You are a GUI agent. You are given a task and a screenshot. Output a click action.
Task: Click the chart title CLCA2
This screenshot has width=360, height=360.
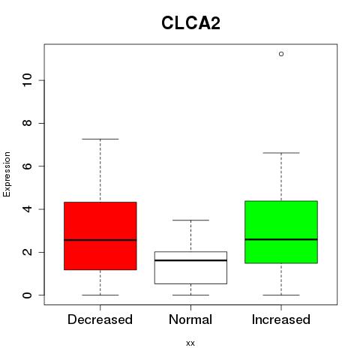click(x=190, y=23)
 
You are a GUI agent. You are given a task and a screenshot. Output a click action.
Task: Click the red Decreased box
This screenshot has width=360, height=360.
click(x=100, y=235)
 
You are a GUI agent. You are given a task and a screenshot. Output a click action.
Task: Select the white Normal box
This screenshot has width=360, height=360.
click(x=190, y=268)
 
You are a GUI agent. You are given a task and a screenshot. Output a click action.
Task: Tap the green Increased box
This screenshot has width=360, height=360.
click(x=281, y=232)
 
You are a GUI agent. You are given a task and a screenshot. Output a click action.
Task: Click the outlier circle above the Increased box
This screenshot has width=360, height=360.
click(x=281, y=54)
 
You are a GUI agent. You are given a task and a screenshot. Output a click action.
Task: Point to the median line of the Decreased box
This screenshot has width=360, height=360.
click(x=100, y=240)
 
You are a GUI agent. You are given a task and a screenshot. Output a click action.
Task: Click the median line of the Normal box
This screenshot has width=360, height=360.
click(x=190, y=260)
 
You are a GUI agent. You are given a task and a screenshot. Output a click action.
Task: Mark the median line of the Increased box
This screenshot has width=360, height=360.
click(x=281, y=239)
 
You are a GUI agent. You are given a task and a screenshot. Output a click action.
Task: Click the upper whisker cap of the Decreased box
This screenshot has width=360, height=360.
click(x=100, y=139)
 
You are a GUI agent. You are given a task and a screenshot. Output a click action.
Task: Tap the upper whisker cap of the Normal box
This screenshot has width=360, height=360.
click(x=190, y=220)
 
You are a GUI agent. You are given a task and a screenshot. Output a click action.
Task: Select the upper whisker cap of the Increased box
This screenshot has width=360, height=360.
click(x=281, y=153)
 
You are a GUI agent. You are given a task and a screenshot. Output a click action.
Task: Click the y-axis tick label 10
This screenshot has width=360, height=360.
click(x=28, y=80)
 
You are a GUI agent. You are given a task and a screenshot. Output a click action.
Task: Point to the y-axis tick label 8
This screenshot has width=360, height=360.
click(x=28, y=123)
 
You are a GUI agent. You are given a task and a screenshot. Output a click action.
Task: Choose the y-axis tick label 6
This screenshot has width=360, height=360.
click(x=28, y=166)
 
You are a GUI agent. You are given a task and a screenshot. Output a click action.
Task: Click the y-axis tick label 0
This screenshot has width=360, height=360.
click(x=28, y=295)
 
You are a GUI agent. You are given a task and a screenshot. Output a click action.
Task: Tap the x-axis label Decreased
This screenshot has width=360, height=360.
click(x=100, y=319)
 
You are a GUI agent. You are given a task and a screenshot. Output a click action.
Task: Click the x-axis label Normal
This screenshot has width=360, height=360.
click(x=190, y=319)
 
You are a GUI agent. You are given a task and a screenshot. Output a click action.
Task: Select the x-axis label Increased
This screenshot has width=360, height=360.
click(x=281, y=319)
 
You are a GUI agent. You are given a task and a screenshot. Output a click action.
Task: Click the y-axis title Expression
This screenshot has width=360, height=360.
click(x=7, y=175)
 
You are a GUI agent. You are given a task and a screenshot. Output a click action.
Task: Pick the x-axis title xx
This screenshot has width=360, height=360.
click(x=190, y=343)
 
